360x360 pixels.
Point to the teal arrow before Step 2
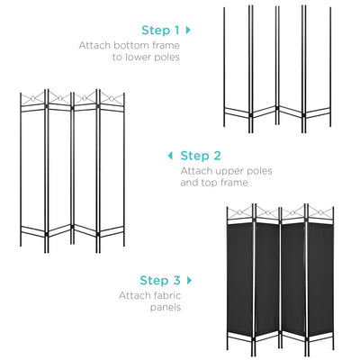click(171, 156)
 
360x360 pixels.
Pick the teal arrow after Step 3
click(190, 279)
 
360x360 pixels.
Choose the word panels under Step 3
click(162, 307)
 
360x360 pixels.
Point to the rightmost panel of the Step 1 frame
click(315, 67)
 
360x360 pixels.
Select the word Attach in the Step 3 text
click(133, 294)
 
